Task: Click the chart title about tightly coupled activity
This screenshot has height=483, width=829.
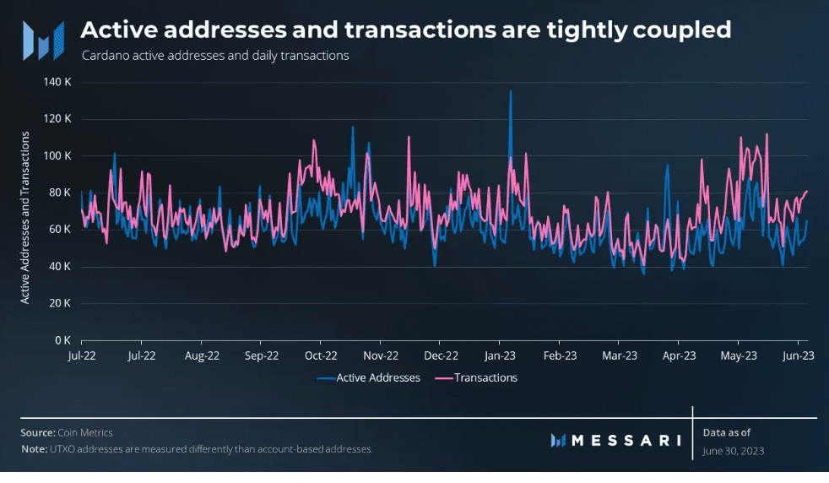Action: pyautogui.click(x=405, y=30)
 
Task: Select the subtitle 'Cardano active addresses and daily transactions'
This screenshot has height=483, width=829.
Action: pyautogui.click(x=215, y=57)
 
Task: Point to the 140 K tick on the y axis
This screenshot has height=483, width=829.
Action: pyautogui.click(x=57, y=82)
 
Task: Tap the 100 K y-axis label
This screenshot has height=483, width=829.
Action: pyautogui.click(x=57, y=156)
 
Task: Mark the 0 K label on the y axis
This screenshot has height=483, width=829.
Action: pyautogui.click(x=62, y=340)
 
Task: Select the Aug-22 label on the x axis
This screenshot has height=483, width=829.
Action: pyautogui.click(x=202, y=356)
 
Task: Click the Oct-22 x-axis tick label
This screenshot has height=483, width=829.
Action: pyautogui.click(x=321, y=356)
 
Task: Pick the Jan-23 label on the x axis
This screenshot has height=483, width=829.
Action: pyautogui.click(x=500, y=356)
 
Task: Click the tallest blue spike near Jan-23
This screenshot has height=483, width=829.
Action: pyautogui.click(x=510, y=91)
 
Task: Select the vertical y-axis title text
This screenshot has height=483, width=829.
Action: pyautogui.click(x=25, y=215)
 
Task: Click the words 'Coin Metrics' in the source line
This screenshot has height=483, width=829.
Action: pyautogui.click(x=85, y=432)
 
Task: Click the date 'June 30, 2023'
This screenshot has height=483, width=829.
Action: pyautogui.click(x=733, y=451)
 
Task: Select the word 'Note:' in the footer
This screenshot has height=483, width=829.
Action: pyautogui.click(x=34, y=449)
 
